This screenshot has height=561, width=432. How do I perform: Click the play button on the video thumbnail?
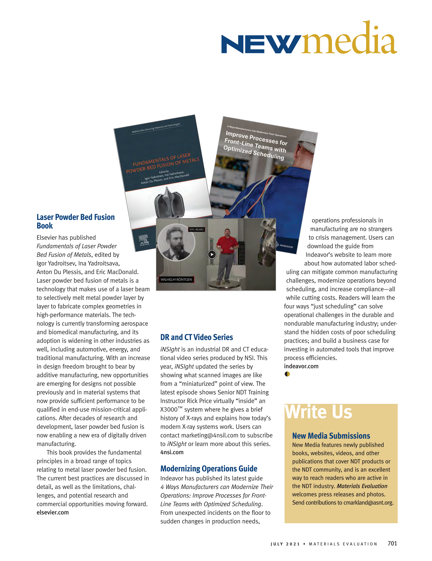click(x=212, y=254)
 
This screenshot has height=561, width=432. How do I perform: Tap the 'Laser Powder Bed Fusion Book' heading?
click(x=75, y=221)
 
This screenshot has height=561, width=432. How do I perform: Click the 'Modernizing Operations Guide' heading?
click(x=209, y=469)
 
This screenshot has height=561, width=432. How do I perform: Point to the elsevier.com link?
click(x=53, y=512)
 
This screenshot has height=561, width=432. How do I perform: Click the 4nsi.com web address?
click(x=172, y=452)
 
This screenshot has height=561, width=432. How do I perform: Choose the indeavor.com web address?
click(x=301, y=366)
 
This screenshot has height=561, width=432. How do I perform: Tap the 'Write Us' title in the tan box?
click(x=318, y=412)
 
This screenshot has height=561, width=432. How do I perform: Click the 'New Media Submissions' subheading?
click(x=331, y=436)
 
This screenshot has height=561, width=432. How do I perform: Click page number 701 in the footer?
click(x=392, y=543)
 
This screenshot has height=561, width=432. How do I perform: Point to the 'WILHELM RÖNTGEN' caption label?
click(x=176, y=279)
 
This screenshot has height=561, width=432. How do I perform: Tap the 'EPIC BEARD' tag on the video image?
click(x=197, y=229)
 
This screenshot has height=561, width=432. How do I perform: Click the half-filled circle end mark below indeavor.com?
click(x=287, y=374)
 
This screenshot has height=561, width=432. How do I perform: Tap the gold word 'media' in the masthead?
click(x=349, y=39)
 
